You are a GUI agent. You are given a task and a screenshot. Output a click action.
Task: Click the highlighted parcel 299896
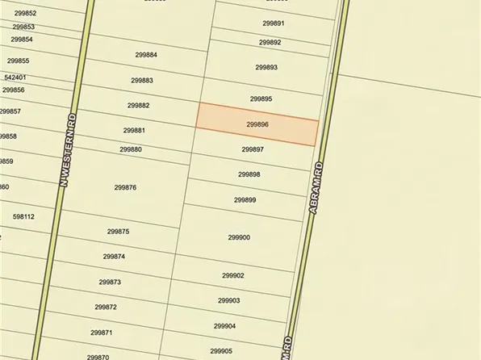pyautogui.click(x=257, y=125)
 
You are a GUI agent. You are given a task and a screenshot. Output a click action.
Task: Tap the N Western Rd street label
pyautogui.click(x=69, y=149)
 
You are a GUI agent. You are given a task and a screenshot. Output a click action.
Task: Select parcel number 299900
pyautogui.click(x=239, y=237)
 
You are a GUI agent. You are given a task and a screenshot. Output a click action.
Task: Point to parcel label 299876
pyautogui.click(x=125, y=187)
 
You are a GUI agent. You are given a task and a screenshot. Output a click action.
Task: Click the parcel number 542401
pyautogui.click(x=15, y=77)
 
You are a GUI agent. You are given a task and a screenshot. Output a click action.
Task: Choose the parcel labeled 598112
pyautogui.click(x=23, y=216)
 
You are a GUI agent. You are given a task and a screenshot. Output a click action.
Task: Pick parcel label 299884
pyautogui.click(x=146, y=55)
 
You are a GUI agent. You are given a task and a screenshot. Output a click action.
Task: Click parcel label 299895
pyautogui.click(x=261, y=98)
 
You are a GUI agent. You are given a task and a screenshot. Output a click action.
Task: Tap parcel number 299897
pyautogui.click(x=253, y=149)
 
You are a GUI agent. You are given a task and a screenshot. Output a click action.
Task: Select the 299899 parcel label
pyautogui.click(x=245, y=199)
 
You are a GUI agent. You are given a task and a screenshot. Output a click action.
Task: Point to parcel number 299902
pyautogui.click(x=232, y=275)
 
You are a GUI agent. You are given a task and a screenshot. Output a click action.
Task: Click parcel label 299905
pyautogui.click(x=221, y=351)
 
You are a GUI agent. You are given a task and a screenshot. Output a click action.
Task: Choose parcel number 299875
pyautogui.click(x=118, y=231)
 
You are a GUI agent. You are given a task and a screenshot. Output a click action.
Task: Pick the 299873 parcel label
pyautogui.click(x=110, y=282)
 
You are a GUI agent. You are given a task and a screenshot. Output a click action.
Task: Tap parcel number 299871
pyautogui.click(x=101, y=333)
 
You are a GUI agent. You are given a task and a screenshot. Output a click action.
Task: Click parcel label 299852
pyautogui.click(x=25, y=14)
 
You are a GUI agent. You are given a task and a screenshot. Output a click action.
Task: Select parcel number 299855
pyautogui.click(x=18, y=61)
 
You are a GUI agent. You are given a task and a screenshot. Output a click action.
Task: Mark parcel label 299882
pyautogui.click(x=138, y=105)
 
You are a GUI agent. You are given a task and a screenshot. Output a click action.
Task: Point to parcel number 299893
pyautogui.click(x=266, y=67)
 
